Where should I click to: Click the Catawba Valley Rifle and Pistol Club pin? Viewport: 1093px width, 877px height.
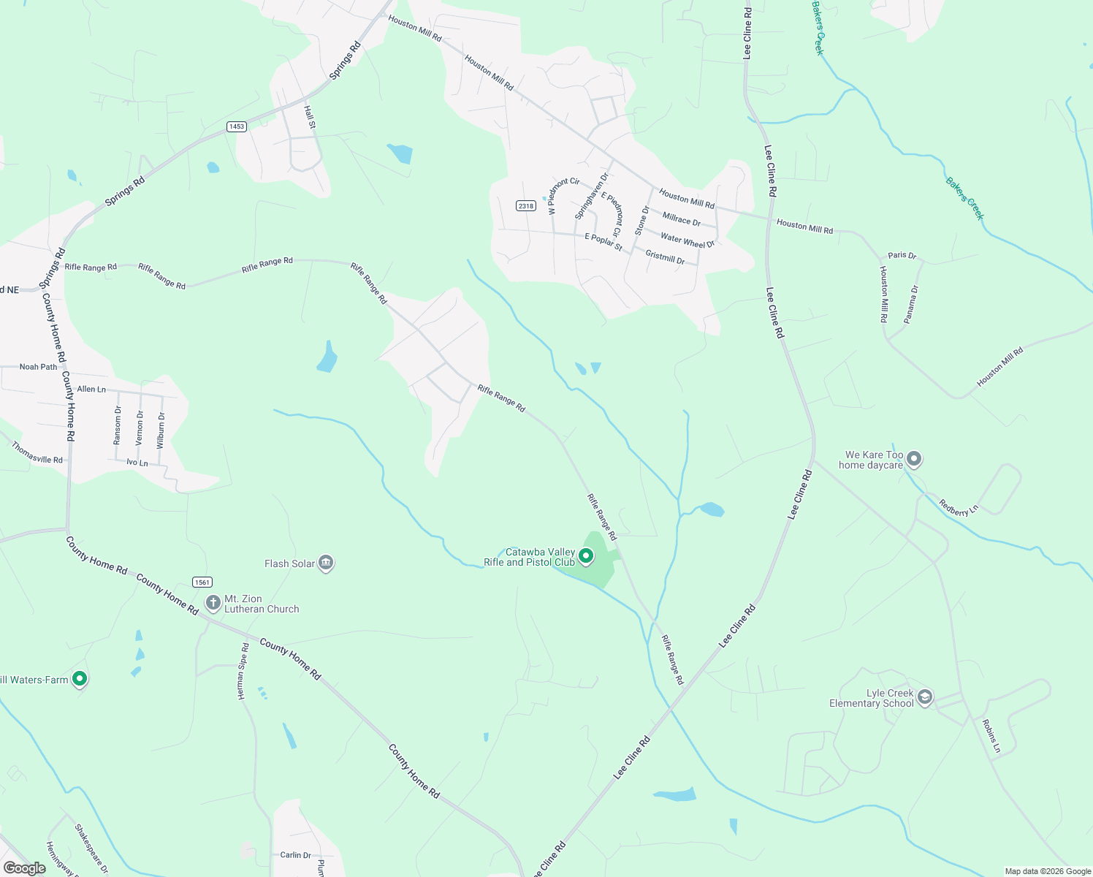586,557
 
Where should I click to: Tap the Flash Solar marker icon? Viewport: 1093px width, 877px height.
326,563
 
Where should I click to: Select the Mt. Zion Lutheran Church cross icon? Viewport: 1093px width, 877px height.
213,603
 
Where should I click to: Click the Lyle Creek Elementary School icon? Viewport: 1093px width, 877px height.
925,697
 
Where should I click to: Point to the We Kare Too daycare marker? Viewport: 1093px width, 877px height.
914,459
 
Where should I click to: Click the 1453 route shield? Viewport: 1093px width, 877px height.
237,126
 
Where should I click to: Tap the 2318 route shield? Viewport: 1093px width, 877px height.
526,205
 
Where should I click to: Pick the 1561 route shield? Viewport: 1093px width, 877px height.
202,582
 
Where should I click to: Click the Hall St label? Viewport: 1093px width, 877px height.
310,117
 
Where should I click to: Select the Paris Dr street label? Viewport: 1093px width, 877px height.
902,255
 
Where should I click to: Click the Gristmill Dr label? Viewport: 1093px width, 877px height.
665,257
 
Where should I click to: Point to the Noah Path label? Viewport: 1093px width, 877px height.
38,367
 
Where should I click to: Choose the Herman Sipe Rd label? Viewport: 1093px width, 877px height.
243,672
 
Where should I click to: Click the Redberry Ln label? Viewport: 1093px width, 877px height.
958,507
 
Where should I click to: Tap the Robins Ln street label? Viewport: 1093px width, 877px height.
991,736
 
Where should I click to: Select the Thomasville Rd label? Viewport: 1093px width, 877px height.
37,453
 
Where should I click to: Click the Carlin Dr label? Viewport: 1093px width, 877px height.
295,854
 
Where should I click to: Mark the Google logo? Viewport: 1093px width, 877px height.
24,868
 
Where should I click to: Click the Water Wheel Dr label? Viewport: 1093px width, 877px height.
687,240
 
